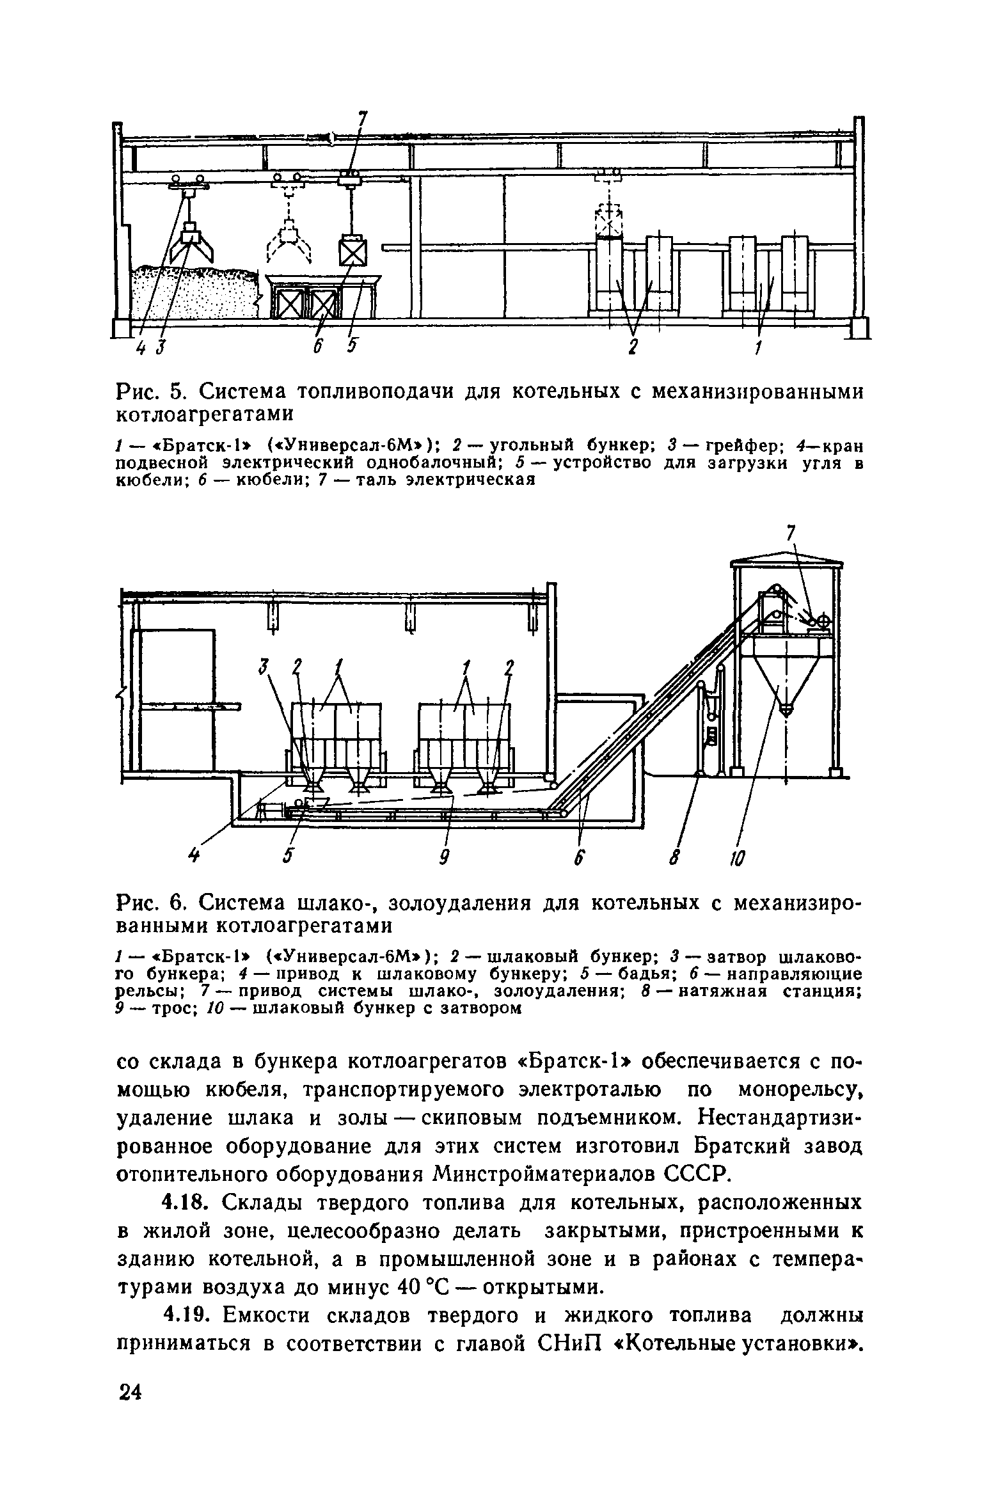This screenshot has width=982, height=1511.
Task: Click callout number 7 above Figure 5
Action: [x=363, y=120]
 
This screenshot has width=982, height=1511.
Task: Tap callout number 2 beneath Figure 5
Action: [x=633, y=347]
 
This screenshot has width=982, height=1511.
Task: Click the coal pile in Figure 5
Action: [x=192, y=291]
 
